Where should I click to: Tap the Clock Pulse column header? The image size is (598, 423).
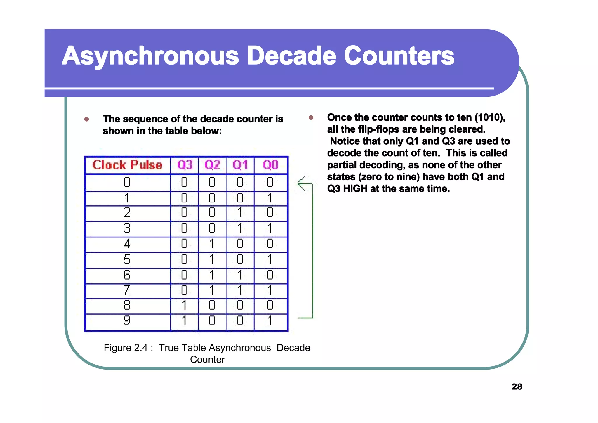point(127,165)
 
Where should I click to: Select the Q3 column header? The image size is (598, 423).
point(185,165)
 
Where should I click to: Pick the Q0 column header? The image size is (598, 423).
point(271,165)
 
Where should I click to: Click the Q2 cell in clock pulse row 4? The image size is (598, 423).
point(212,244)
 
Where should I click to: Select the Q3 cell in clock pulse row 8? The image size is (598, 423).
point(184,305)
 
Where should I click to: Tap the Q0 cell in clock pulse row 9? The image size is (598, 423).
point(270,321)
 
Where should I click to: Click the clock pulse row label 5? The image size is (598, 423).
point(127,259)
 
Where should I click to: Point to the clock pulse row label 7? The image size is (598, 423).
point(127,290)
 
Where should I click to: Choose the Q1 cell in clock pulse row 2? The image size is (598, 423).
point(240,213)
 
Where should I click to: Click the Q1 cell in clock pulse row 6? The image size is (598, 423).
point(240,275)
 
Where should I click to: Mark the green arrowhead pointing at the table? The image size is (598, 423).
point(301,183)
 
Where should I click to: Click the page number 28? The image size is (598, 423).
point(517,387)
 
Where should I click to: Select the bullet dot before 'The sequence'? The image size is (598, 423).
point(86,119)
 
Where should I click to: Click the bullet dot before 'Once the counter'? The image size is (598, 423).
point(311,118)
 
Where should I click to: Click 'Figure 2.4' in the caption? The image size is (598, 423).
point(126,348)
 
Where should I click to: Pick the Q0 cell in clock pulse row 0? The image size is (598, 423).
point(270,182)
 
